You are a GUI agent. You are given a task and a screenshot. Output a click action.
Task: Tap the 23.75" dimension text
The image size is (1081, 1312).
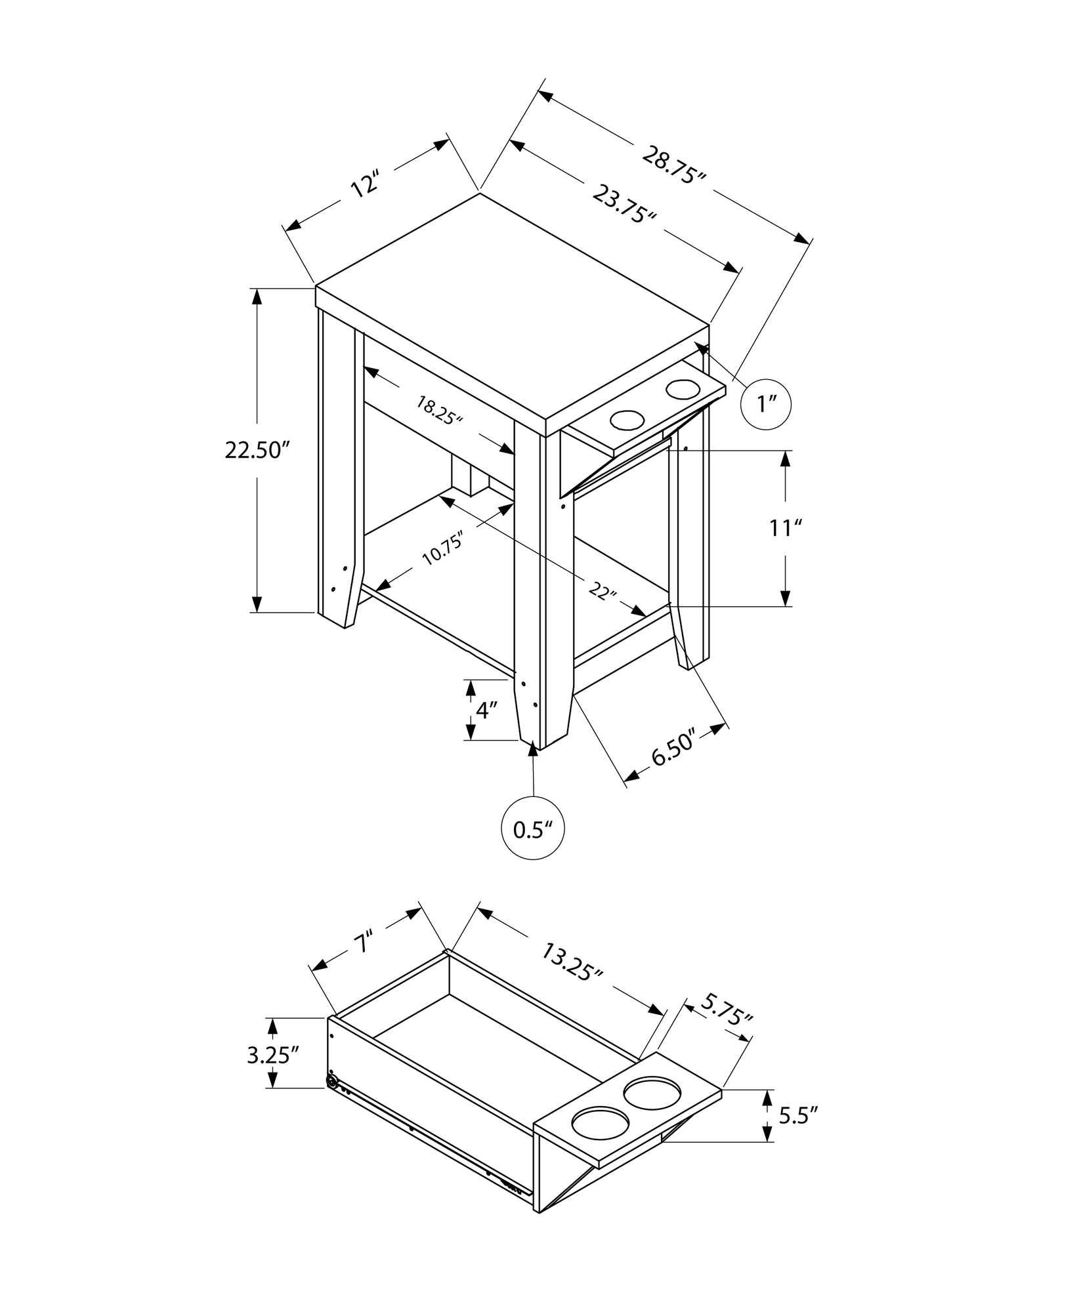point(625,204)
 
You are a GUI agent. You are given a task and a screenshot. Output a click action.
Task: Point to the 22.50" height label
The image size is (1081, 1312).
point(257,450)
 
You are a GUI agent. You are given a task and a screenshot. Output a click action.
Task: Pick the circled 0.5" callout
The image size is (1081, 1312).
point(533,829)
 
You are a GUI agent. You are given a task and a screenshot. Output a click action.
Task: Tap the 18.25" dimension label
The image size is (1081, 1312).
point(440,411)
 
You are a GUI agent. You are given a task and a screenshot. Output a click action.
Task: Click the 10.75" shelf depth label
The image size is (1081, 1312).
point(443,548)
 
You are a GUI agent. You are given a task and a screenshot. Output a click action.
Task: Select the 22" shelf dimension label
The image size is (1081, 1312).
point(603,591)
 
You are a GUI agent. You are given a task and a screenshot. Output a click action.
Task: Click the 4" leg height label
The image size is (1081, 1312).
point(486,711)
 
